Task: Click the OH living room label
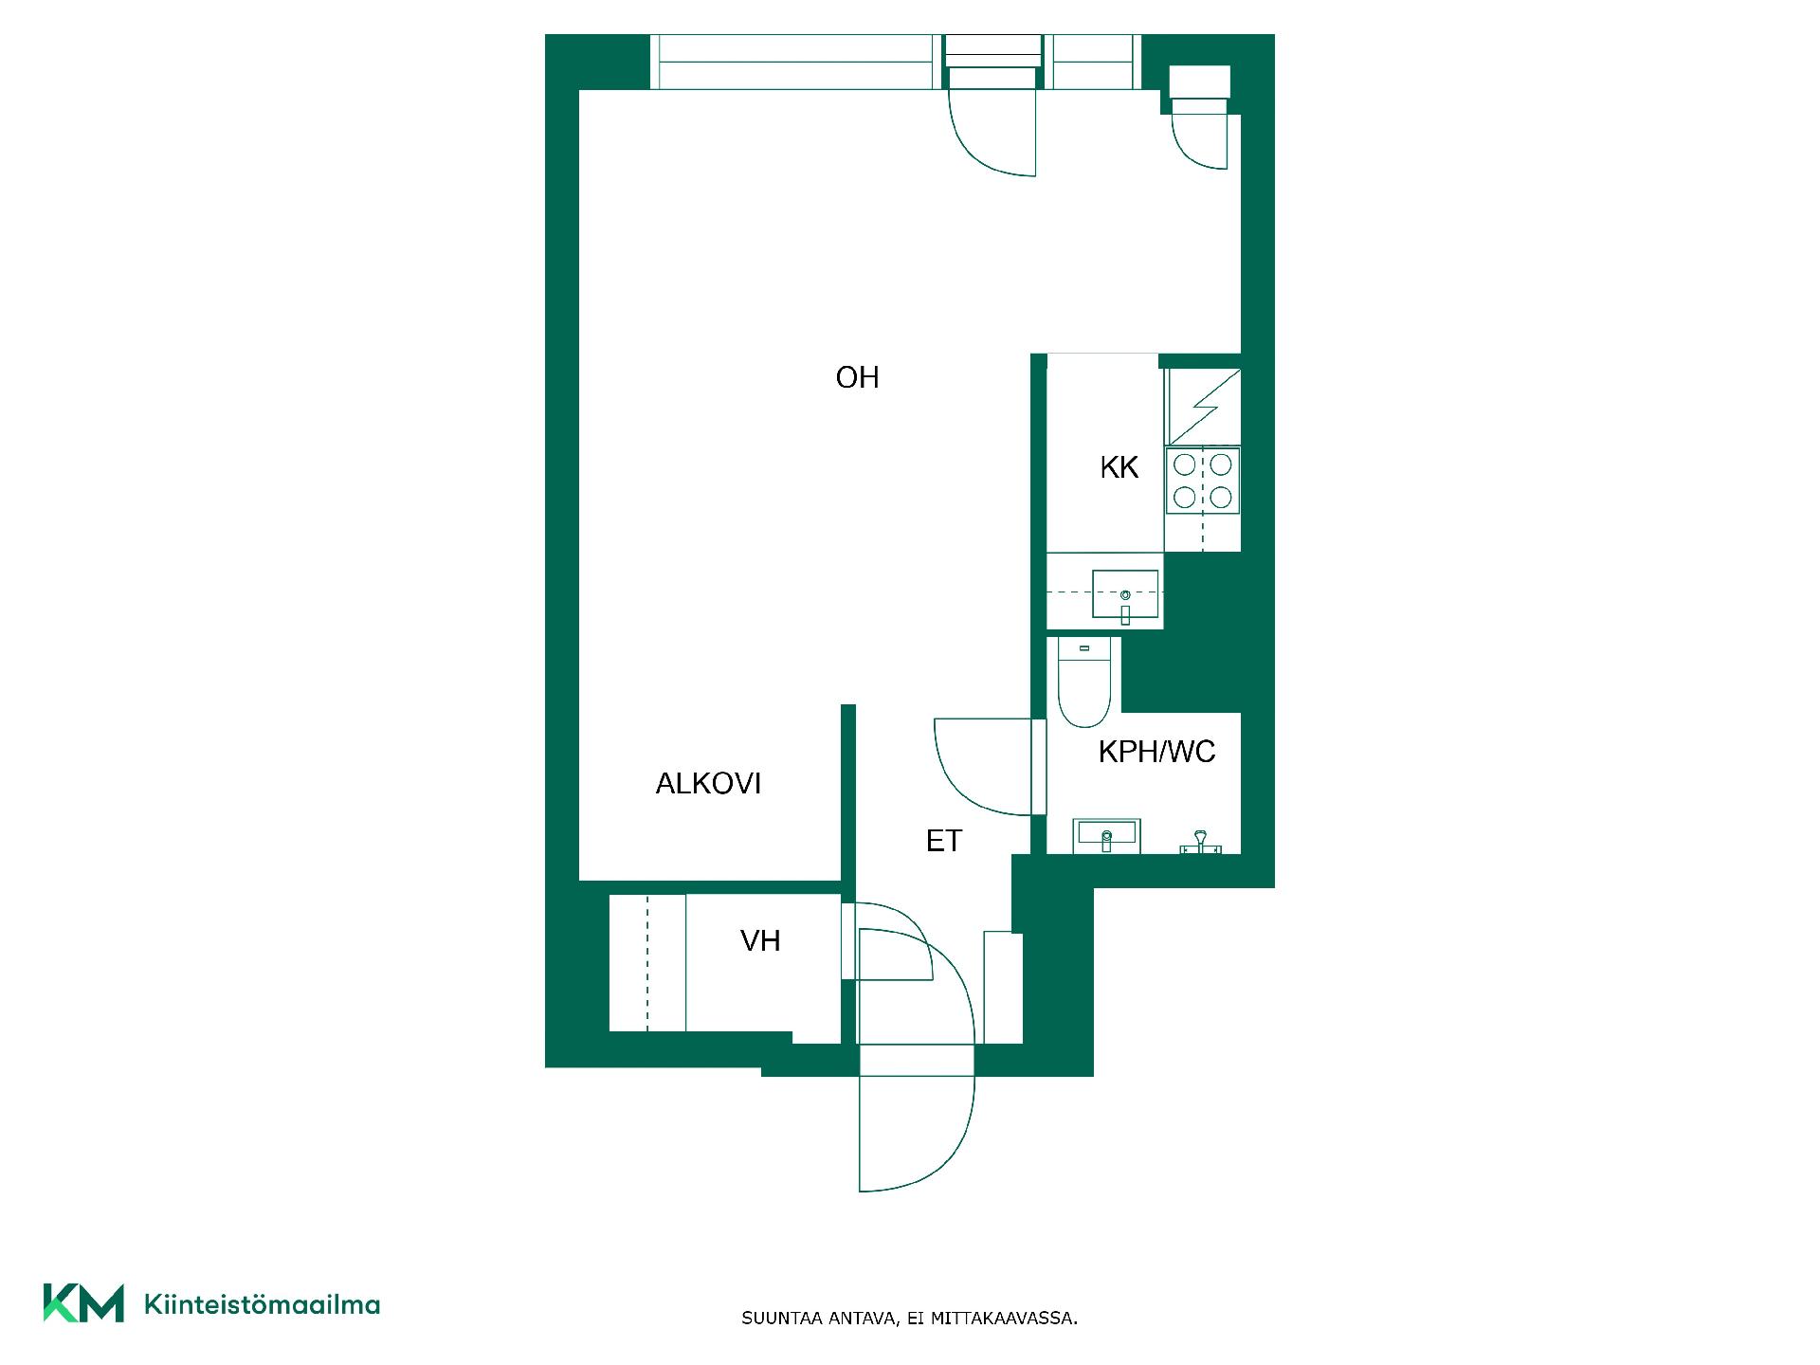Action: pos(857,377)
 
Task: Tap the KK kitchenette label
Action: pos(1119,467)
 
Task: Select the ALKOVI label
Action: pos(708,784)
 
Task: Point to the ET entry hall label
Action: pos(943,841)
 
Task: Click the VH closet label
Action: pos(760,941)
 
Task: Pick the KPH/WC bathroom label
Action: pos(1156,752)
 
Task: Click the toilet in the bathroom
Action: pos(1084,682)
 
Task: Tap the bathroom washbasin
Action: pos(1106,836)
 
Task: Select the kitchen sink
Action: pos(1125,595)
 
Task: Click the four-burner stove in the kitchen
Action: pos(1203,481)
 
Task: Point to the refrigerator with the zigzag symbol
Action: pos(1204,407)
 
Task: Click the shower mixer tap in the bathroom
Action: pos(1200,842)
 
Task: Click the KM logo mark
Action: pos(83,1303)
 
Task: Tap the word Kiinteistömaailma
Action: pos(262,1305)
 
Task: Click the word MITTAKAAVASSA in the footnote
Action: pos(1004,1319)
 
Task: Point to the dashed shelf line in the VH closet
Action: pos(647,962)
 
